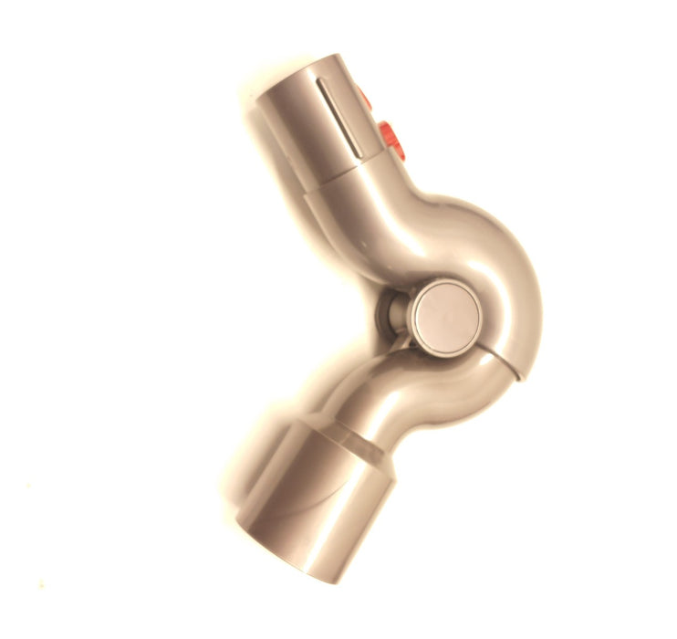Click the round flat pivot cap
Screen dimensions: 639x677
(x=445, y=311)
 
